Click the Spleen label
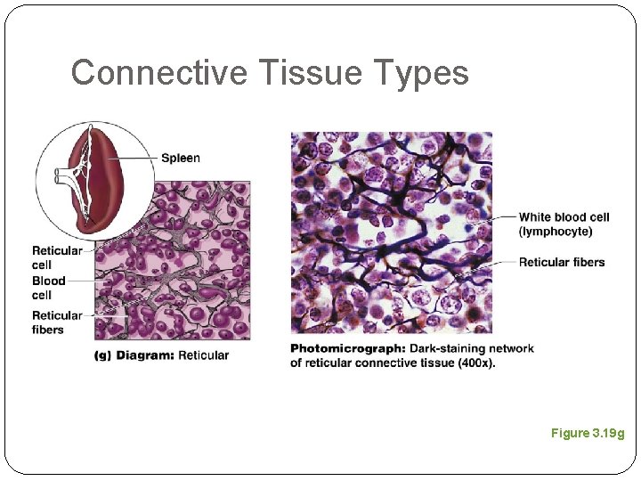click(181, 159)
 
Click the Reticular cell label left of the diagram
click(56, 257)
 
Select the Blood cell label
click(49, 288)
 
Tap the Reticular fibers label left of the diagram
click(56, 322)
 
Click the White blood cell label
click(564, 217)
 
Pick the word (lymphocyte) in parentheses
click(555, 232)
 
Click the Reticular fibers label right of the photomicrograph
click(561, 262)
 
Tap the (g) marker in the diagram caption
click(103, 355)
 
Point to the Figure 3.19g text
click(587, 433)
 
